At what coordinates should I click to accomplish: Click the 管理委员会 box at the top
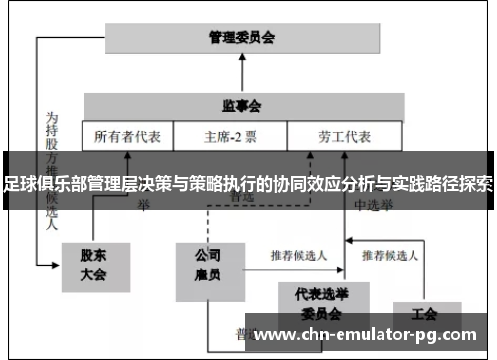click(241, 38)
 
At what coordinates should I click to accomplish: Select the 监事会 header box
click(241, 105)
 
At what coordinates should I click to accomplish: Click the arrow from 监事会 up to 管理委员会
click(242, 75)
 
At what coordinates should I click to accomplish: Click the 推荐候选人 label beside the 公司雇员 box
click(297, 254)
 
